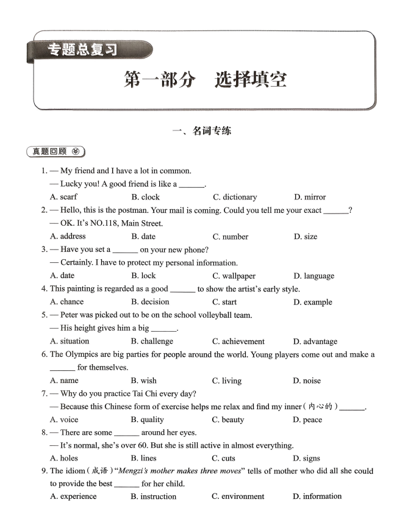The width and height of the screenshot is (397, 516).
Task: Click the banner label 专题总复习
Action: (82, 50)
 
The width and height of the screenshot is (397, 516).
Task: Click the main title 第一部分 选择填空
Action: (205, 80)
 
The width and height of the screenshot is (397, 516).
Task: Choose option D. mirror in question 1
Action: (310, 197)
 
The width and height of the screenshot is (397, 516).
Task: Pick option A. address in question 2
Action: (68, 236)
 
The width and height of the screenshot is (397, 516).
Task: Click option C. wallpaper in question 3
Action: (234, 276)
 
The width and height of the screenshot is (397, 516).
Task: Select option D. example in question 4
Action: (313, 302)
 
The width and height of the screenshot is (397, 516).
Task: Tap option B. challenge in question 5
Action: (152, 342)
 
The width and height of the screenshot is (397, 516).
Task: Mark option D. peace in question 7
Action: (307, 420)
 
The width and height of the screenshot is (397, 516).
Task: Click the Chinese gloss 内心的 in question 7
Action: (320, 407)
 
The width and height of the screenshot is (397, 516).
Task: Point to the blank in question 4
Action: (182, 290)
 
